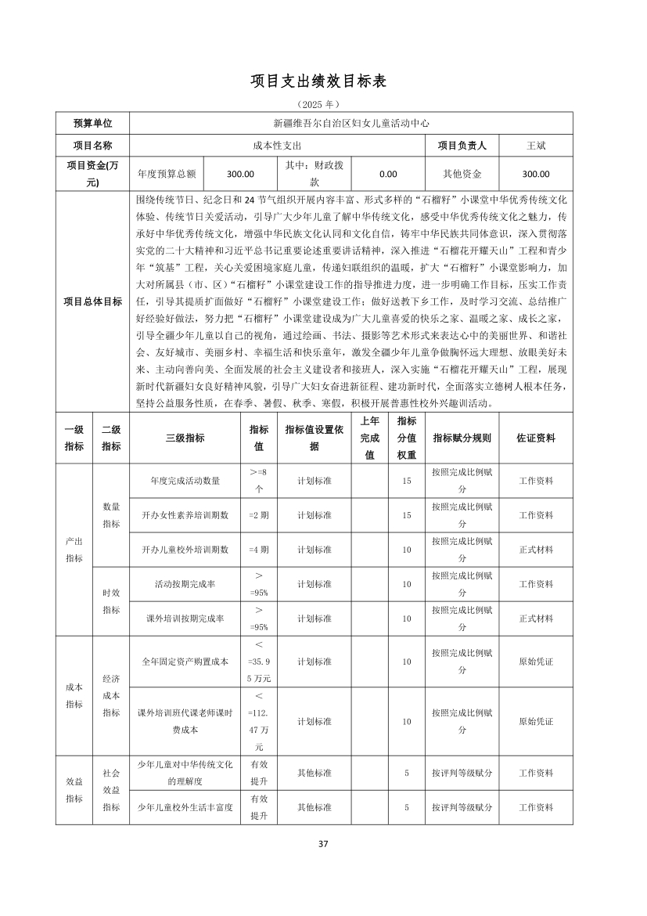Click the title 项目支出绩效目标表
point(323,81)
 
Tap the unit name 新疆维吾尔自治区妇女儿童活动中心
point(351,124)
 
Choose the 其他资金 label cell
point(462,175)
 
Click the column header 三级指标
point(185,438)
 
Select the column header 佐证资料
point(536,438)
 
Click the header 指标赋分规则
point(462,438)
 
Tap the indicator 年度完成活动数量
point(185,481)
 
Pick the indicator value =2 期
point(258,515)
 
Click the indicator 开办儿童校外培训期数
point(185,550)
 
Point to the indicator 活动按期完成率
point(185,584)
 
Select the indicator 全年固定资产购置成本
point(185,662)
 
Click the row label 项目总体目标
point(92,301)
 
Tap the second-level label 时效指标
point(111,601)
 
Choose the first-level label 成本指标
point(74,696)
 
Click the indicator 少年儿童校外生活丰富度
point(185,807)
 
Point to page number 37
point(323,843)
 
